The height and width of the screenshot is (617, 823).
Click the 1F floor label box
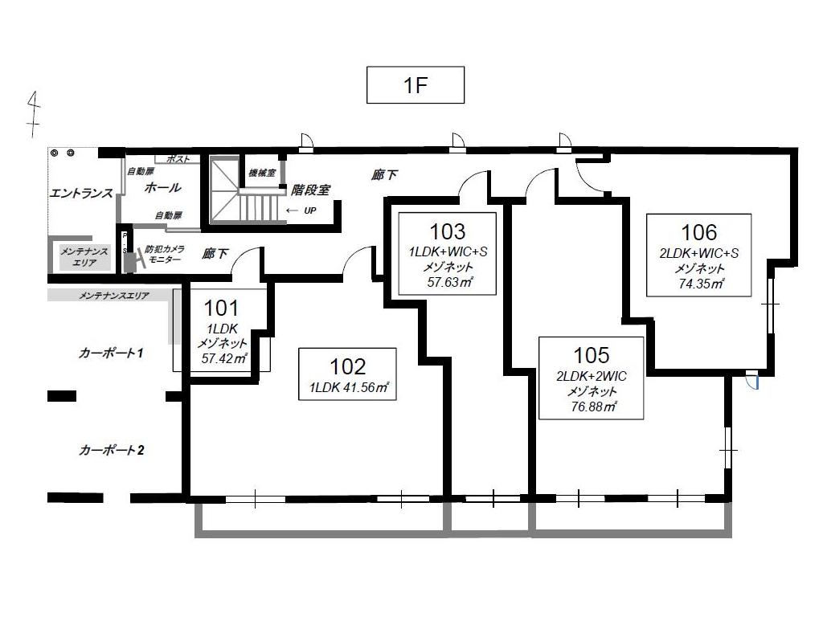(416, 86)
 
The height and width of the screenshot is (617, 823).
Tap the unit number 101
(221, 308)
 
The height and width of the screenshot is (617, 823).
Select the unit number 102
(347, 367)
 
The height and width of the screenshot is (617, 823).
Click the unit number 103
(447, 231)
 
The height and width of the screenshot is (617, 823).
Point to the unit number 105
(592, 354)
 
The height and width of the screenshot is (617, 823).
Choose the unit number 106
(698, 232)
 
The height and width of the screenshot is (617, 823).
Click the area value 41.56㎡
(366, 387)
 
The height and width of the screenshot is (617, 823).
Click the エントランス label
(81, 193)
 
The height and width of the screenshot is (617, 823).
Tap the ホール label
(162, 187)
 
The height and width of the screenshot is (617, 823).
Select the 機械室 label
(262, 173)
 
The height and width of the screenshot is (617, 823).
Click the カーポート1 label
(110, 353)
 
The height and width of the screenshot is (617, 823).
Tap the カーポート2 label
(110, 450)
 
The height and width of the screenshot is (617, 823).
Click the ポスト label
(178, 159)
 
